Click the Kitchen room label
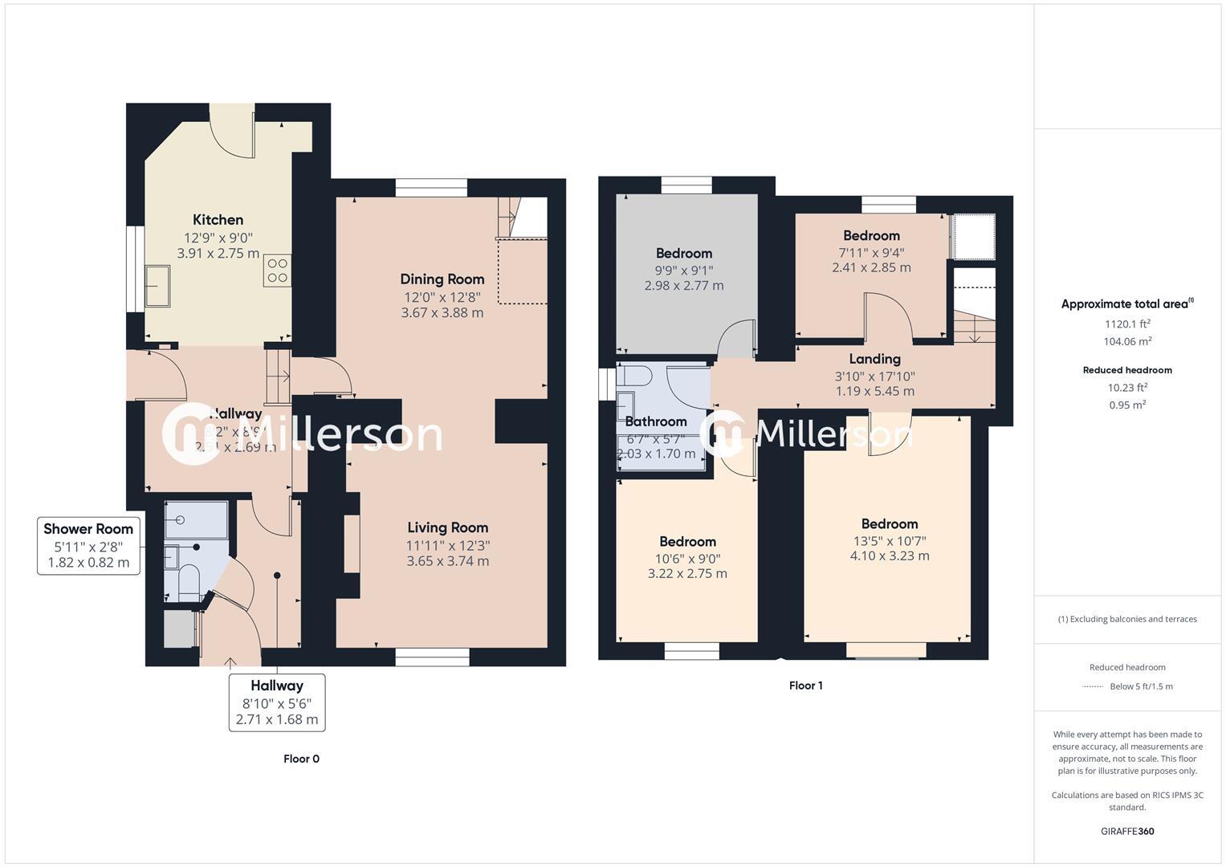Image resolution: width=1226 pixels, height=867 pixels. [218, 220]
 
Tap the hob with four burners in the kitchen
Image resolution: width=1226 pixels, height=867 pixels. [277, 271]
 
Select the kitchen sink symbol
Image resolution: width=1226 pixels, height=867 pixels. [157, 286]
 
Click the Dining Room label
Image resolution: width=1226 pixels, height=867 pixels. [442, 279]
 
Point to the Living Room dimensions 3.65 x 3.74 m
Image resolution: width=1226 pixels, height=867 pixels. [447, 561]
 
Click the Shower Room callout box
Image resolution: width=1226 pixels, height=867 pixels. [88, 546]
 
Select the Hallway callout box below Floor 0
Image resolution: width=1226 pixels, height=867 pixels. [277, 702]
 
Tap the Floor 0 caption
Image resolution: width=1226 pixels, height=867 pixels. [301, 759]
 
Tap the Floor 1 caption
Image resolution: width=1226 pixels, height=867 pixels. [805, 686]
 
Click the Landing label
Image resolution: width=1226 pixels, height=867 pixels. [874, 359]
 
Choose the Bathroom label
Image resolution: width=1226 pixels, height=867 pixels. [656, 421]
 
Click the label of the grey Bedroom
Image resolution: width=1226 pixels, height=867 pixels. [684, 254]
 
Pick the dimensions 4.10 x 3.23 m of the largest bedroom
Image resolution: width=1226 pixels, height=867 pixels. [890, 556]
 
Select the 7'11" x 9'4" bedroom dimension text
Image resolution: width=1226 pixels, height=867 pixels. [871, 252]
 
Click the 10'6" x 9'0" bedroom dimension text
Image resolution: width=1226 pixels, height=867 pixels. [687, 559]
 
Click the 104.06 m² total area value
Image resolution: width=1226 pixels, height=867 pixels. [1127, 341]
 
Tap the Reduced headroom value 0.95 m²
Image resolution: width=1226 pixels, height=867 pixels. [1127, 405]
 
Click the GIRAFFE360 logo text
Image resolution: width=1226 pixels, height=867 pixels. [1127, 831]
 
